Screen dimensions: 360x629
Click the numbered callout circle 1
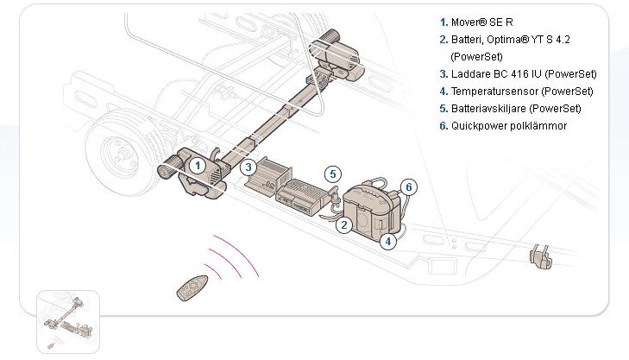point(197,165)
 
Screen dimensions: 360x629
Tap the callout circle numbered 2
point(344,225)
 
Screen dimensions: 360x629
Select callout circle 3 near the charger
point(248,167)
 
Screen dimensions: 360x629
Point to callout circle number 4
point(389,242)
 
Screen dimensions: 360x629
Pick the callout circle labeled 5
point(334,174)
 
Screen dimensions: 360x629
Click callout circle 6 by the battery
point(410,186)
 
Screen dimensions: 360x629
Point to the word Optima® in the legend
point(503,39)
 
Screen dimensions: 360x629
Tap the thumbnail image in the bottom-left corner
point(68,320)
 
